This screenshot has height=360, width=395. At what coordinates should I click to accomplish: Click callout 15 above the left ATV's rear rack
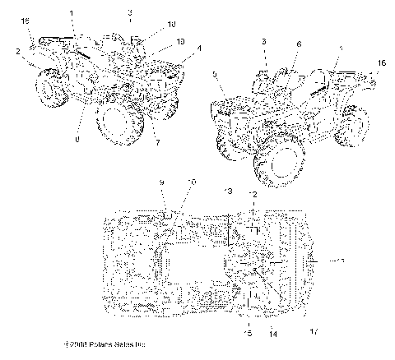pos(25,19)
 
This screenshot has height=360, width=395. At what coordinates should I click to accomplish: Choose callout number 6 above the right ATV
pos(299,44)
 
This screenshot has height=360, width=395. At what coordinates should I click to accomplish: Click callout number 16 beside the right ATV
pos(380,62)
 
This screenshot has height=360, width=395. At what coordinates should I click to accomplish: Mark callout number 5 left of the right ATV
pos(216,75)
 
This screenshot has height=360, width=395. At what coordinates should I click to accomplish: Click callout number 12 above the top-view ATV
pos(253,194)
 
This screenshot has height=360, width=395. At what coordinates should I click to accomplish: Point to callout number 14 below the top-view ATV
pos(272,333)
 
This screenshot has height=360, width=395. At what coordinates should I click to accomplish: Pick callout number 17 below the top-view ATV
pos(312,332)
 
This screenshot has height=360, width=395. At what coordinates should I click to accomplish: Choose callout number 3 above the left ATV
pos(130,13)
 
